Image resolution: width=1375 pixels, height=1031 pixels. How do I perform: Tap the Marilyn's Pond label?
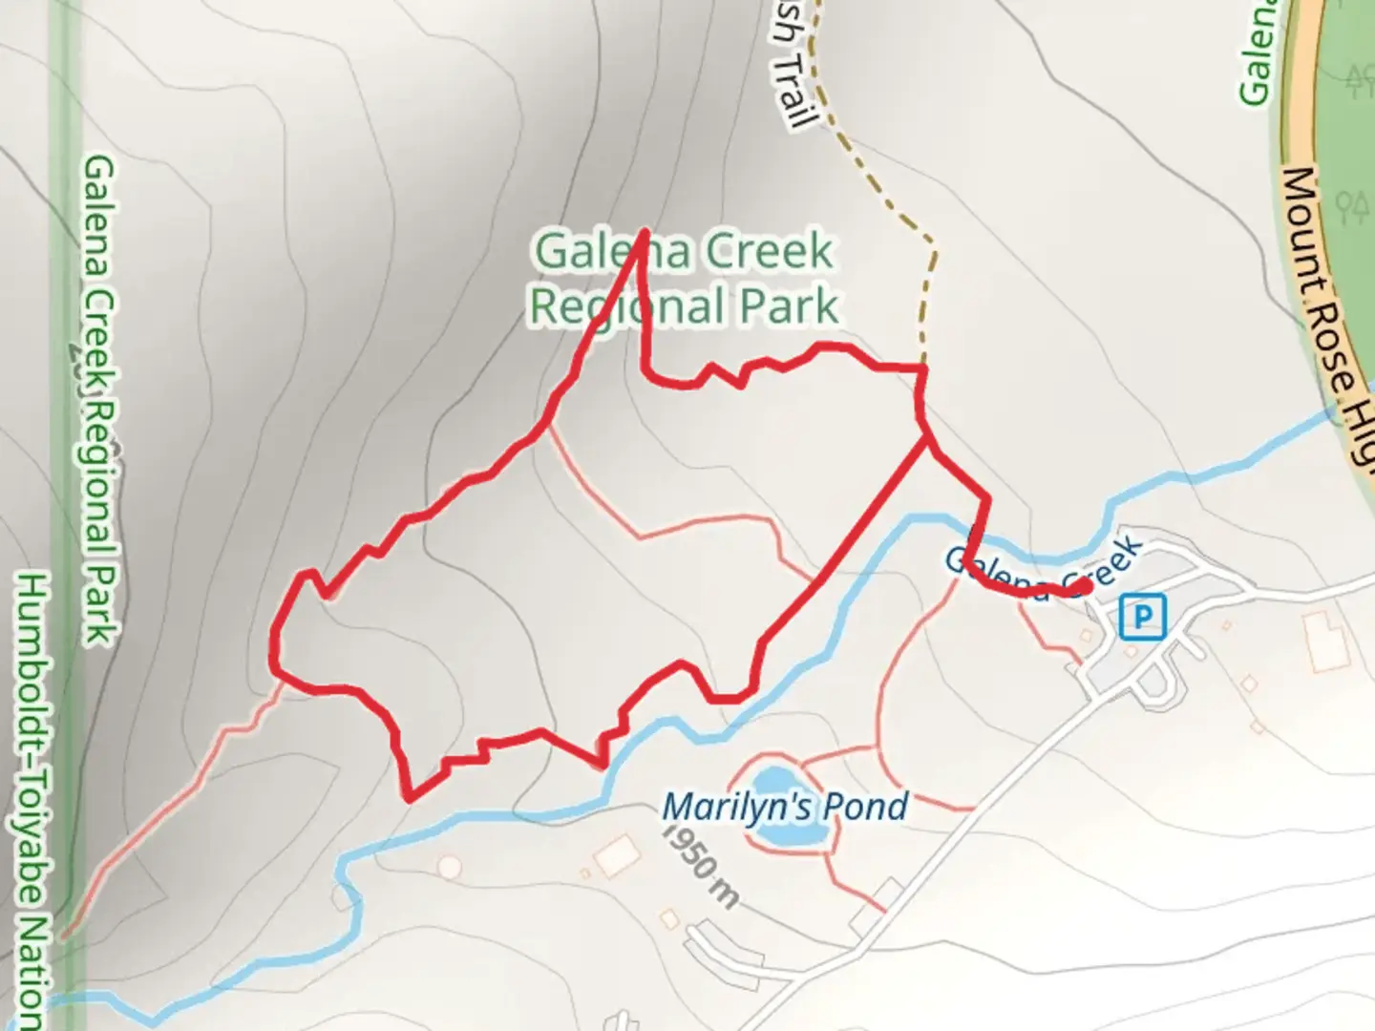pos(784,808)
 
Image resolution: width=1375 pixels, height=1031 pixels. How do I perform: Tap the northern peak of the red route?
pos(645,232)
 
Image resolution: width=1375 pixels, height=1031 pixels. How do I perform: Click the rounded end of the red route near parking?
pos(1084,585)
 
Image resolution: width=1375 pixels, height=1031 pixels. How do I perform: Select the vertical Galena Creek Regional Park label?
pos(99,401)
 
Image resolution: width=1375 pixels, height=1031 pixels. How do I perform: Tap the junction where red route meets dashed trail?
pos(922,368)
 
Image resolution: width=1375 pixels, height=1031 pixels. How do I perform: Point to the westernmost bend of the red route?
pos(275,649)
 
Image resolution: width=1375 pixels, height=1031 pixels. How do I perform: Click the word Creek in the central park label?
pos(769,252)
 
